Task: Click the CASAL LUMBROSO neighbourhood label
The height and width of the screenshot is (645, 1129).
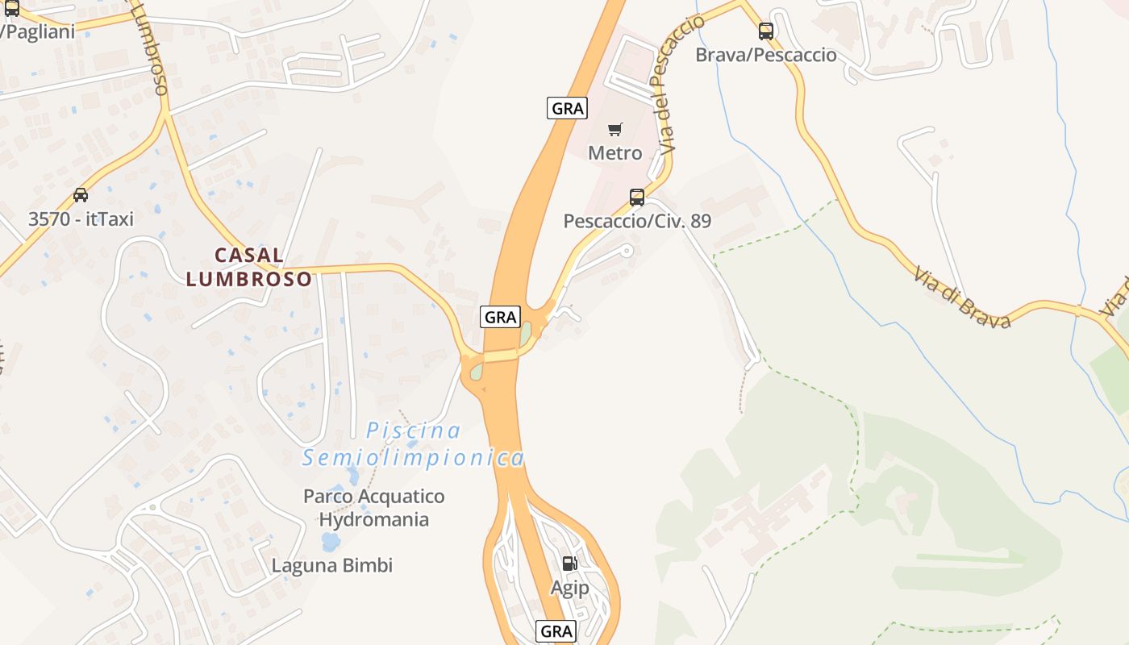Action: pyautogui.click(x=248, y=267)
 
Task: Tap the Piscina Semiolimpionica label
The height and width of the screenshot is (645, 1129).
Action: pyautogui.click(x=413, y=444)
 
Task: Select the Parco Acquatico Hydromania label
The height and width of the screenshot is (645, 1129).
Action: pyautogui.click(x=373, y=507)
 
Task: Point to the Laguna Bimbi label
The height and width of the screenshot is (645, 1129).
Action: pyautogui.click(x=331, y=565)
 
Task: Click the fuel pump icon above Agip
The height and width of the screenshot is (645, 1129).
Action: pyautogui.click(x=569, y=564)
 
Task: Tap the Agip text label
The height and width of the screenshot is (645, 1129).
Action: pyautogui.click(x=569, y=588)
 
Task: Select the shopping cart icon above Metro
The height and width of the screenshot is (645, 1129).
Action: pyautogui.click(x=615, y=129)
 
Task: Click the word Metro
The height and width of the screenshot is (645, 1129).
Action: pyautogui.click(x=614, y=152)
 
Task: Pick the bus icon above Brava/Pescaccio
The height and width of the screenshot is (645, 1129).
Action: pyautogui.click(x=765, y=31)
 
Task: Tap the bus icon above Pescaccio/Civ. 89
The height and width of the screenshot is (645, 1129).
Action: pyautogui.click(x=636, y=197)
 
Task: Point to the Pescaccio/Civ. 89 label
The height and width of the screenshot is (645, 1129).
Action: pyautogui.click(x=637, y=220)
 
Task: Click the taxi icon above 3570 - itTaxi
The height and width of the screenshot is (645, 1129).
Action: pyautogui.click(x=81, y=194)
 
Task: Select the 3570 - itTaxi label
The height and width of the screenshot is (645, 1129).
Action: pyautogui.click(x=81, y=218)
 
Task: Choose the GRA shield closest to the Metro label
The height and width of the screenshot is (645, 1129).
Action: pyautogui.click(x=567, y=108)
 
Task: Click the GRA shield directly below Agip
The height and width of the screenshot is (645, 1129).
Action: pyautogui.click(x=556, y=630)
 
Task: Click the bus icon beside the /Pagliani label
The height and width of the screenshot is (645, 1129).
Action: pyautogui.click(x=11, y=9)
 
